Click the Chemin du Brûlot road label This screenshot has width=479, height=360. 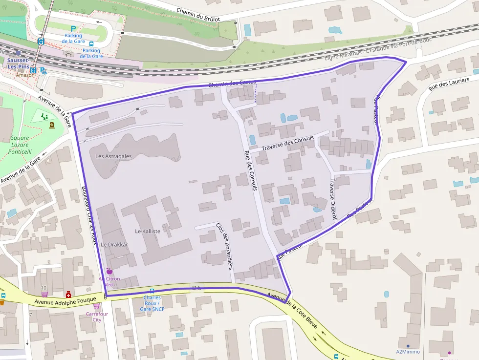pyautogui.click(x=198, y=15)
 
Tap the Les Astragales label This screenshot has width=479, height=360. pyautogui.click(x=113, y=156)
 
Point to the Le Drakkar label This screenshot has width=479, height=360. pyautogui.click(x=114, y=244)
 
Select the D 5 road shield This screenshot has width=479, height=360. pyautogui.click(x=197, y=288)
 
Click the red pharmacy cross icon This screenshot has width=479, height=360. pyautogui.click(x=68, y=295)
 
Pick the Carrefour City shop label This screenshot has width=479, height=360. pyautogui.click(x=97, y=317)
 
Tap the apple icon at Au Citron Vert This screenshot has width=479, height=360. pyautogui.click(x=109, y=271)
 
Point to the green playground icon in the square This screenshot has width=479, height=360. pyautogui.click(x=45, y=116)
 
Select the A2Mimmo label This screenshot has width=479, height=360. pyautogui.click(x=408, y=352)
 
